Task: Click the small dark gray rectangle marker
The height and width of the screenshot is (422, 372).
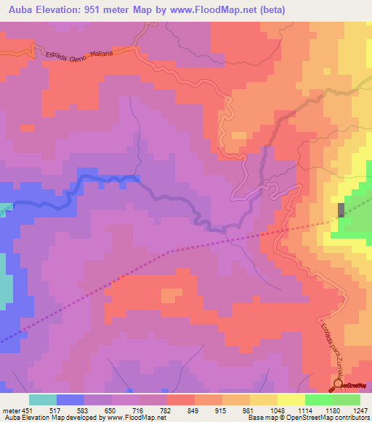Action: pos(341,210)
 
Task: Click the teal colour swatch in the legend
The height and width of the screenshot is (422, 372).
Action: pos(43,400)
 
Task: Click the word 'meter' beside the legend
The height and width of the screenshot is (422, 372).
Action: pos(9,410)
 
